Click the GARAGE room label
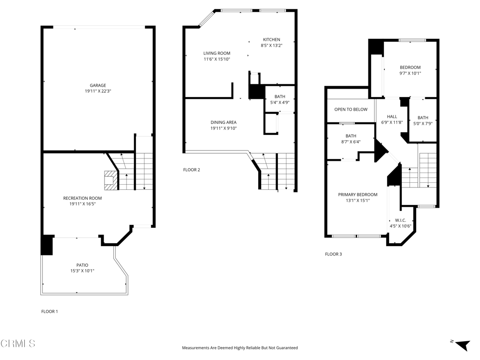coord(98,85)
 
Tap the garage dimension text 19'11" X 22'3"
coord(98,91)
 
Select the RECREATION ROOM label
coord(82,198)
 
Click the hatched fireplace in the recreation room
coord(111,180)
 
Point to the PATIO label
coord(82,265)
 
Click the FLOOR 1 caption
coord(50,312)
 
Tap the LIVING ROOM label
coord(217,53)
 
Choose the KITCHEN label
coord(271,39)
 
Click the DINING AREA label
coord(224,122)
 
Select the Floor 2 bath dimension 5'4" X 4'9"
coord(280,103)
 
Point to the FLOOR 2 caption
coord(192,170)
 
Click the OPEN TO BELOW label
coord(351,109)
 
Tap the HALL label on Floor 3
coord(392,117)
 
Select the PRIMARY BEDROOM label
coord(358,195)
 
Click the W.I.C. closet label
coord(400,220)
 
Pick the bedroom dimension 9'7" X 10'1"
coord(410,74)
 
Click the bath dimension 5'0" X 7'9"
coord(423,124)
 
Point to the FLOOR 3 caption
coord(333,254)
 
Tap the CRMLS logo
coord(18,344)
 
